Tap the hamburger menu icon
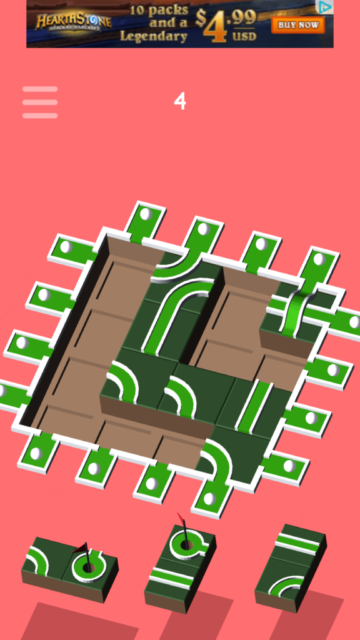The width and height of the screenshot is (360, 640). (40, 102)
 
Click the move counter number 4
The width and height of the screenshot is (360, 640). (180, 101)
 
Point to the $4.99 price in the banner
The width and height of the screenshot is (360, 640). (225, 24)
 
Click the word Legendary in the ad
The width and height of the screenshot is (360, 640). (154, 37)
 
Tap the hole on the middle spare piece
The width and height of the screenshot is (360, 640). (186, 544)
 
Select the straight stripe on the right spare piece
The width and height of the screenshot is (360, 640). (299, 544)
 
